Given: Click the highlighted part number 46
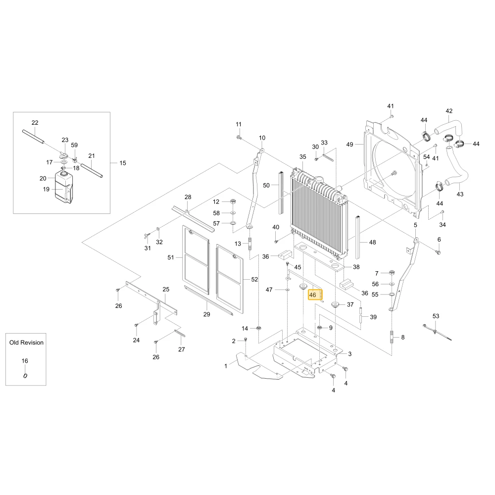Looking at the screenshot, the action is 312,295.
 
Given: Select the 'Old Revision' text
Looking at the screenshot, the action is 26,343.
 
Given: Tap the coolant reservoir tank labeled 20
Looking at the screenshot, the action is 63,187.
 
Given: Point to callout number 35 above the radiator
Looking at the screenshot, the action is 303,157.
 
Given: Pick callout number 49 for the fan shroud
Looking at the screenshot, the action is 350,145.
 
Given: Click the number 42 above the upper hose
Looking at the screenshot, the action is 449,111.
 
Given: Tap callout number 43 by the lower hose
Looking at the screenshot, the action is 460,194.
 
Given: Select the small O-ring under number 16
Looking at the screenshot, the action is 25,376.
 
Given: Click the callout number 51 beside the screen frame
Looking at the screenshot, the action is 171,257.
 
